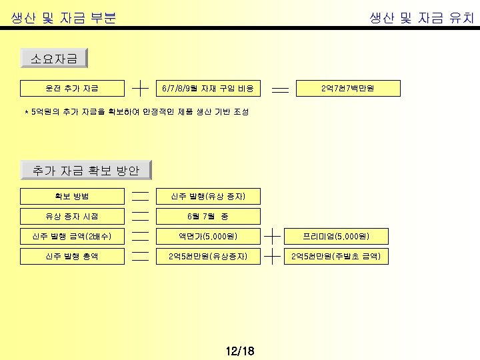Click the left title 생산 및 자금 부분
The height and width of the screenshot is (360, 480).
tap(64, 19)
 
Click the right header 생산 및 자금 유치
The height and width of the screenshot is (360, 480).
tap(421, 19)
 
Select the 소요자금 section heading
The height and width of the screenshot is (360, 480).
tap(54, 59)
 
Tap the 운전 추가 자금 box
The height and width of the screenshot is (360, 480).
tap(63, 88)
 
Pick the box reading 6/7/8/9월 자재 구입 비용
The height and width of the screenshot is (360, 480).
tap(208, 88)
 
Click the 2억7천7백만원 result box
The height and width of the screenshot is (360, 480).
tap(351, 88)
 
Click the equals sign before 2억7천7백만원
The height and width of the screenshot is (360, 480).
tap(281, 88)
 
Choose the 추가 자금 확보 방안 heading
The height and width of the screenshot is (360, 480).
tap(86, 171)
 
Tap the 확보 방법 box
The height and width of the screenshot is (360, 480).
tap(63, 196)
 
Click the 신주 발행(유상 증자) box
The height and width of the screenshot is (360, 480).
tap(208, 196)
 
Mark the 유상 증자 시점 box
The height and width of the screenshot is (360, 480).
tap(63, 216)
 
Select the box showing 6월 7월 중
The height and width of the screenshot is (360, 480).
tap(208, 216)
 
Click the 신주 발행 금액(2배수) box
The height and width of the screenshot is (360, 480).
tap(63, 236)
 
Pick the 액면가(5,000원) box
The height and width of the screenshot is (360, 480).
tap(208, 236)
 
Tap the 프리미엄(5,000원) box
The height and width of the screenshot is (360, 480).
tap(336, 236)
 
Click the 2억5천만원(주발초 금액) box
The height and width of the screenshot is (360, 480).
tap(336, 256)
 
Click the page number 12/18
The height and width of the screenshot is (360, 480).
tap(240, 351)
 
